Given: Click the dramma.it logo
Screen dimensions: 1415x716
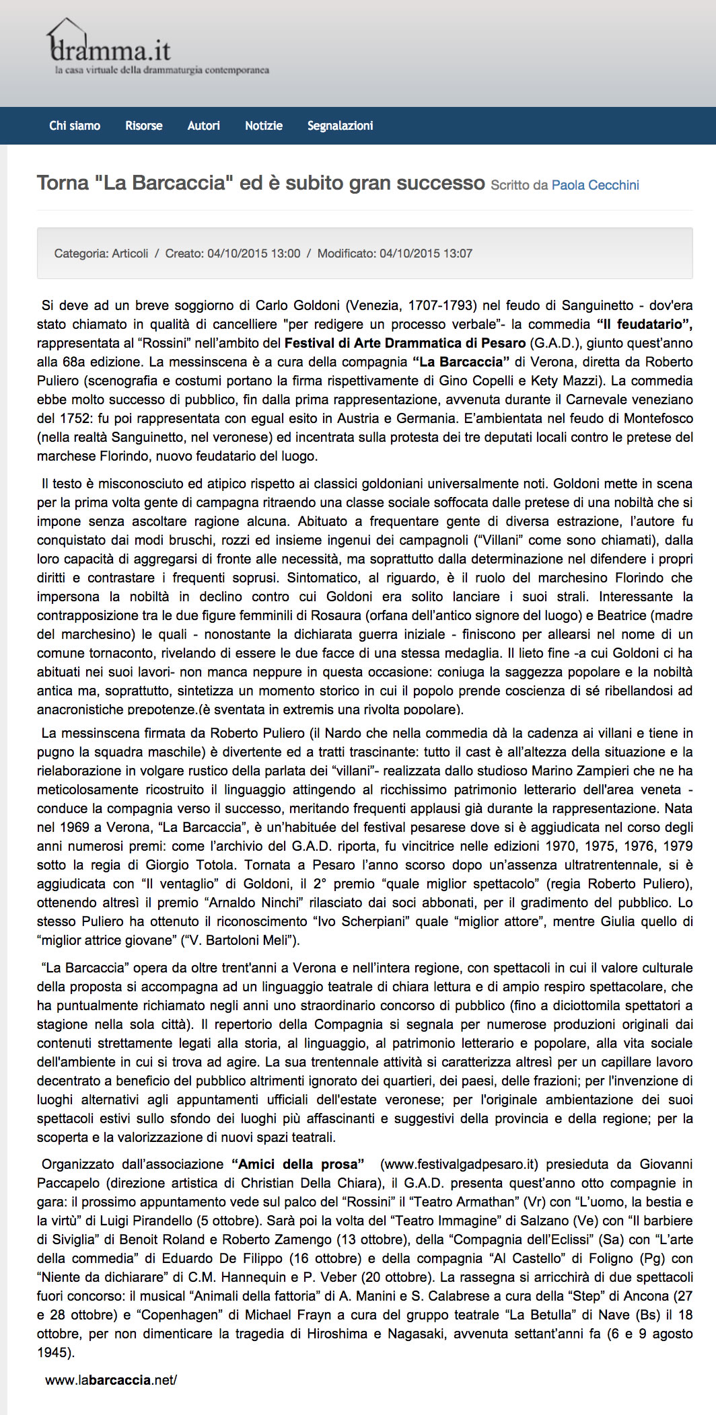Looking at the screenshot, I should point(112,49).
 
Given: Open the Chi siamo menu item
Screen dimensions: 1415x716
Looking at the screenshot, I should point(75,126).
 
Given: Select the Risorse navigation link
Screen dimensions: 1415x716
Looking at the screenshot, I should point(144,126).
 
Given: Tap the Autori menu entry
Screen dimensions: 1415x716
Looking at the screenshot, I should point(203,126).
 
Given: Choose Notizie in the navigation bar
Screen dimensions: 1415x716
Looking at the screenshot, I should point(264,126).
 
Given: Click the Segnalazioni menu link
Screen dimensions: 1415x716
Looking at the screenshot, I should point(340,126).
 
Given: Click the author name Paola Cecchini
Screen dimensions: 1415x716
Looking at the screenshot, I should point(595,185).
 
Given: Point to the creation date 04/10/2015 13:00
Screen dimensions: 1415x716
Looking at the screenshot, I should point(254,254).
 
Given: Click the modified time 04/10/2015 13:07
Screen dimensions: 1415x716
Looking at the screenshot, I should point(426,254).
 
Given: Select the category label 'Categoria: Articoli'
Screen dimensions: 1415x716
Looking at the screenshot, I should point(101,254).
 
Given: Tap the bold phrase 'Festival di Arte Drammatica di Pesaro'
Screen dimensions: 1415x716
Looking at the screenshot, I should point(405,343).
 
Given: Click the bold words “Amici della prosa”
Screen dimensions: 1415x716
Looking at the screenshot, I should point(297,1164).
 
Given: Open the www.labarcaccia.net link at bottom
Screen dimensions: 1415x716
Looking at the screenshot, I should point(111,1380).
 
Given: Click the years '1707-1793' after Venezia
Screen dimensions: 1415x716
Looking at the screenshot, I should point(442,305).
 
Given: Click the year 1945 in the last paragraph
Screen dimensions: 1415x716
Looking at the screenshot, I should point(52,1352).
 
